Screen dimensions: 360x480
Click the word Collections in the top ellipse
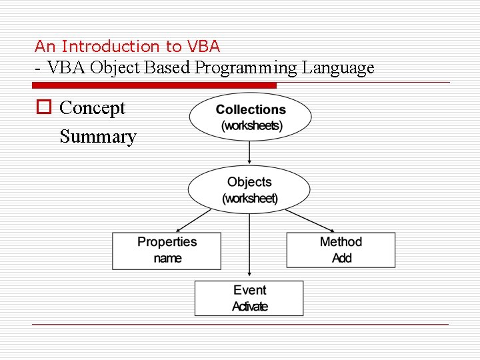pos(251,110)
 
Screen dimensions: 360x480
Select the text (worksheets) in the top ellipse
pos(251,125)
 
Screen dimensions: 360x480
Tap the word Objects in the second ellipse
pos(249,182)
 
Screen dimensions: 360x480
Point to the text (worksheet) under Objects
pos(249,198)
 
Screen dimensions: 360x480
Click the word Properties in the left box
pos(167,242)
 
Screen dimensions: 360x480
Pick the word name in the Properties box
pos(167,258)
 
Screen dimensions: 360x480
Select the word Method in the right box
pos(341,242)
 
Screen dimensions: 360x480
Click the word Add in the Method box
pos(341,258)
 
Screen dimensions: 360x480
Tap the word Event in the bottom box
pos(249,290)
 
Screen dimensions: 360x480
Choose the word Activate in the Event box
pos(249,307)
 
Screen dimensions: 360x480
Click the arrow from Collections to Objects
pos(249,153)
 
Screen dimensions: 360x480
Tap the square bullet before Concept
pos(44,108)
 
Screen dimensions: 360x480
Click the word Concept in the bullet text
pos(92,108)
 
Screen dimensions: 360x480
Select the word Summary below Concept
pos(97,137)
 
